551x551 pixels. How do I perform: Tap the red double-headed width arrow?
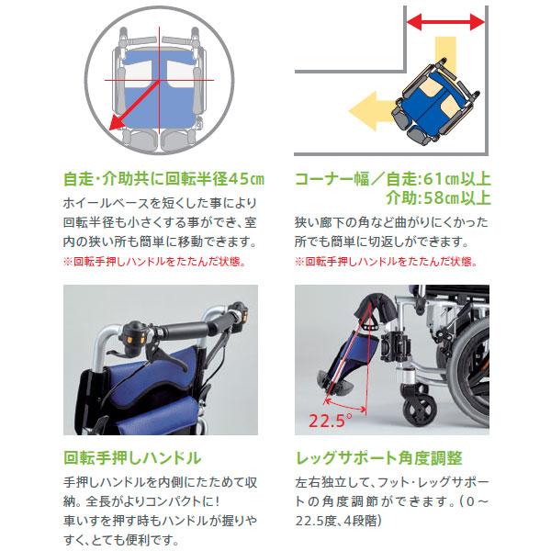point(445,20)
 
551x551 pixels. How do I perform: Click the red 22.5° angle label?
point(331,422)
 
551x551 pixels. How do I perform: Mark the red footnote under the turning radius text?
point(154,262)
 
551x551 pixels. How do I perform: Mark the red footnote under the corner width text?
point(386,262)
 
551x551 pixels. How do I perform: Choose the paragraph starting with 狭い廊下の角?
point(393,233)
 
